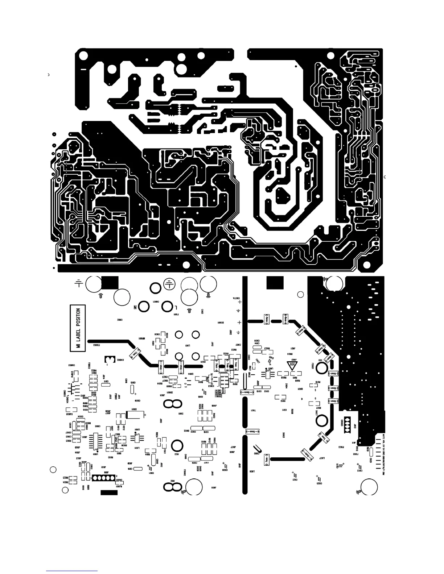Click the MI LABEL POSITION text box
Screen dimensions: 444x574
[78, 328]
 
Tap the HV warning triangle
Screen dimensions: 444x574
[291, 365]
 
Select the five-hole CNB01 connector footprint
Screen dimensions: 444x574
[103, 478]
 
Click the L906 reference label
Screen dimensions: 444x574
[255, 472]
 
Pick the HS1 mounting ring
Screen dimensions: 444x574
[321, 368]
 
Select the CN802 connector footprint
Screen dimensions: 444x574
[109, 359]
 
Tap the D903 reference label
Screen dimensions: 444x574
[283, 435]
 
